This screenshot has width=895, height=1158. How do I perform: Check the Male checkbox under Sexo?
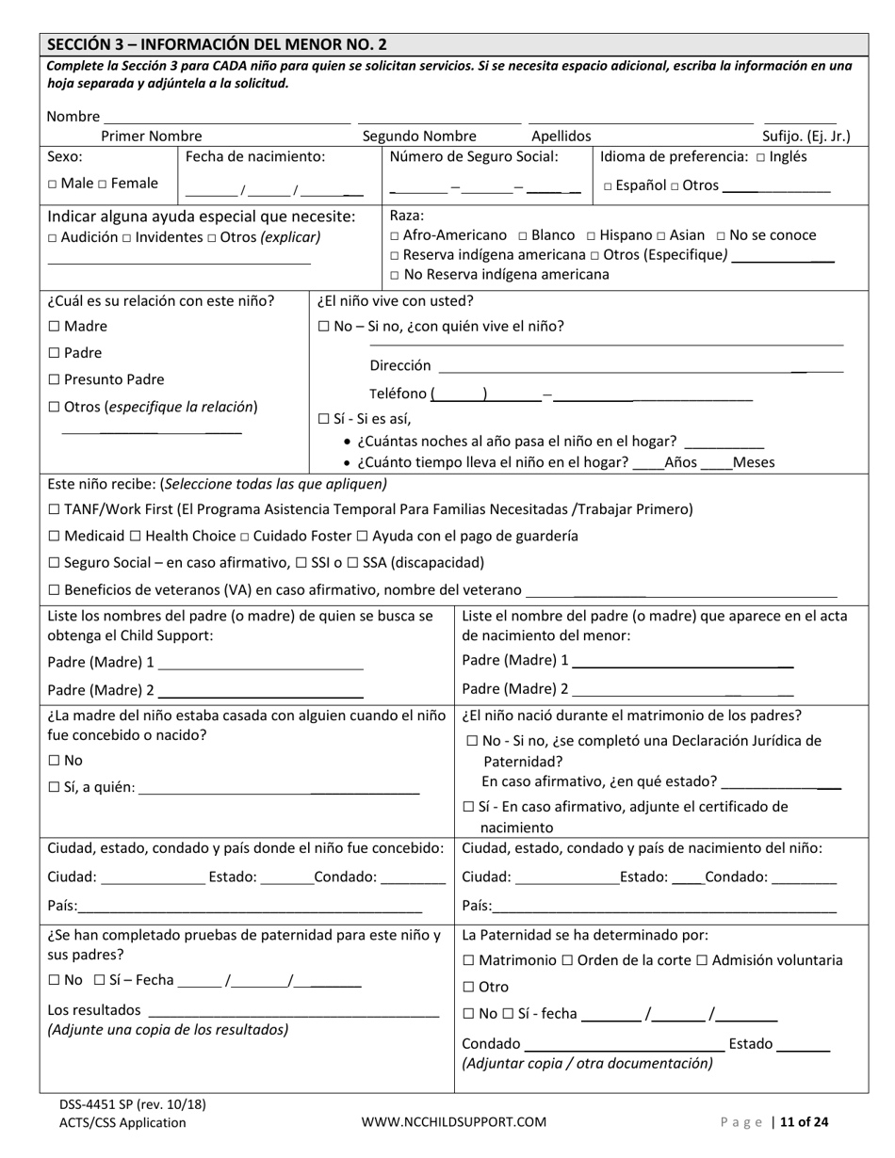pyautogui.click(x=53, y=185)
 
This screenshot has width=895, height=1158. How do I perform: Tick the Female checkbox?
pyautogui.click(x=103, y=185)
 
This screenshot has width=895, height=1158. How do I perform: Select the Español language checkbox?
pyautogui.click(x=609, y=186)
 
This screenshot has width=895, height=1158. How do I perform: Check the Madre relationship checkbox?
pyautogui.click(x=54, y=327)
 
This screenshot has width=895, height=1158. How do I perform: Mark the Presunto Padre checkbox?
pyautogui.click(x=54, y=380)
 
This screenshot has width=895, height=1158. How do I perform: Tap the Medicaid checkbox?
pyautogui.click(x=54, y=537)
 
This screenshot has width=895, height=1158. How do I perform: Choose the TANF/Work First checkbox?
pyautogui.click(x=54, y=510)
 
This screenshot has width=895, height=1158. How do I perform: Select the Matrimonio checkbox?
pyautogui.click(x=469, y=961)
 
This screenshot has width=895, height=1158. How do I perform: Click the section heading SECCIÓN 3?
pyautogui.click(x=217, y=44)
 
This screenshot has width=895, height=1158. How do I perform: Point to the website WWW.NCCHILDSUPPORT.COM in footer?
pyautogui.click(x=453, y=1122)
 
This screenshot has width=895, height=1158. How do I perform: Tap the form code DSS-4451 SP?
pyautogui.click(x=98, y=1105)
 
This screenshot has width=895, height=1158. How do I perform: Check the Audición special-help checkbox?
pyautogui.click(x=52, y=238)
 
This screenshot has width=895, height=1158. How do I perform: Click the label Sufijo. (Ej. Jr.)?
pyautogui.click(x=805, y=137)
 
